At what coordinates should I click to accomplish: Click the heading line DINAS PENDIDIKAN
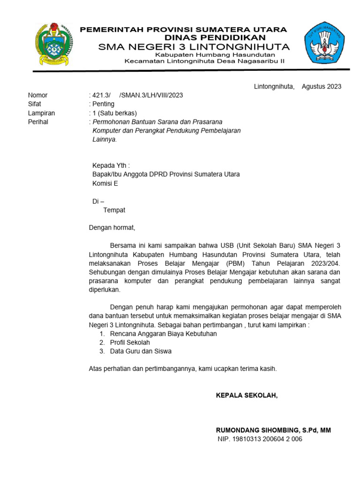point(215,37)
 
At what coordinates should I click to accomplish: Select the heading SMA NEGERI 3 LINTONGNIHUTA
point(194,47)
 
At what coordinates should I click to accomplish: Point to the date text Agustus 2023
point(322,86)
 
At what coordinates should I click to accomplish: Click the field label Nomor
point(38,95)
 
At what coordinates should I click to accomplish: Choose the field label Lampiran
point(41,113)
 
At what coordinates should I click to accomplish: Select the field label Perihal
point(38,122)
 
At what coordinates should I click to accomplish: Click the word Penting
point(104,104)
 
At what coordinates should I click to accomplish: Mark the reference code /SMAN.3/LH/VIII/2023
point(151,95)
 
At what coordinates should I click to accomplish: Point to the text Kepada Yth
point(111,165)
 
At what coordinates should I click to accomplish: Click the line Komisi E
point(105,183)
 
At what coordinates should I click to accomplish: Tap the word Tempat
point(114,210)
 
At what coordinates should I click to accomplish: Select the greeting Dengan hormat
point(112,228)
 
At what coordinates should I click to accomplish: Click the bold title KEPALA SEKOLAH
point(247,395)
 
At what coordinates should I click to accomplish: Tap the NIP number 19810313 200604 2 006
point(268,439)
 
